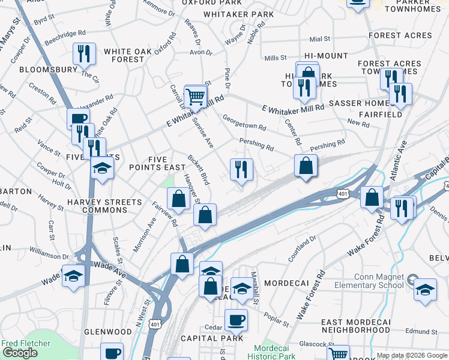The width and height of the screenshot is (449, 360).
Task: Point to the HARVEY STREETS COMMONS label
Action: (x=97, y=206)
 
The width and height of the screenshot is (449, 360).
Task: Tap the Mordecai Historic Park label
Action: (x=274, y=352)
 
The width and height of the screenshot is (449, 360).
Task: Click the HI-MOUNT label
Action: (x=326, y=56)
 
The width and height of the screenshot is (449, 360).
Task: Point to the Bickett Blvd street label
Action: (x=198, y=170)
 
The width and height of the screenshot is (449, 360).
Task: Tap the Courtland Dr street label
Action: (x=301, y=247)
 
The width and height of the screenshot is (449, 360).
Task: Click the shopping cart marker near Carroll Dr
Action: (x=196, y=97)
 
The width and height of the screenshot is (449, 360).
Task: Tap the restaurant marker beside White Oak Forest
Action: (x=84, y=53)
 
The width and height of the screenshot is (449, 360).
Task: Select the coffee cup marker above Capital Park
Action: (x=236, y=319)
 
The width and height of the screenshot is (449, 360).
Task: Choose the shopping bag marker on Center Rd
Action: (x=306, y=166)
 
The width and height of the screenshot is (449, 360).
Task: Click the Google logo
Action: (x=20, y=353)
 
